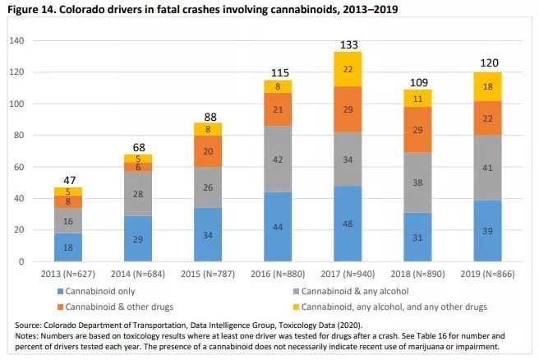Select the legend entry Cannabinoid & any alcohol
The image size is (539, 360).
click(362, 288)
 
